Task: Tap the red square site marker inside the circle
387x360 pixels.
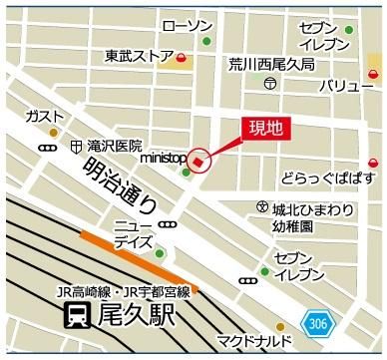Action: pyautogui.click(x=197, y=162)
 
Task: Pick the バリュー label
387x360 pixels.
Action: pyautogui.click(x=339, y=88)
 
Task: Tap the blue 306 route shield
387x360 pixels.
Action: pyautogui.click(x=316, y=323)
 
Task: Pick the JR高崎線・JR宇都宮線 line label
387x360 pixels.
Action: pyautogui.click(x=124, y=293)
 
